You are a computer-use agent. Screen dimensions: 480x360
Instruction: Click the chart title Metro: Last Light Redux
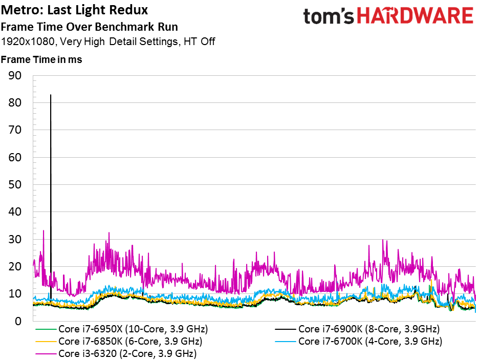coord(74,10)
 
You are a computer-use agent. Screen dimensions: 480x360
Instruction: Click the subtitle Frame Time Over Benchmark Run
coord(90,27)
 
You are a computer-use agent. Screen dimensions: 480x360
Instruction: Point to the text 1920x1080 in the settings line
coord(28,41)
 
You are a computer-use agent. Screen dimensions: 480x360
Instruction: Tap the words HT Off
coord(200,41)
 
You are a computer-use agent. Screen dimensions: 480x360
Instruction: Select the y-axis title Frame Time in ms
coord(41,59)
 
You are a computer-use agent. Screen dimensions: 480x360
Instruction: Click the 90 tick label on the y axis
coord(15,75)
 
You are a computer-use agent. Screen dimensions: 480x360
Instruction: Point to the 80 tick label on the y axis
coord(15,102)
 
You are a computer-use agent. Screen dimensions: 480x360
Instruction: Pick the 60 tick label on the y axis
coord(15,158)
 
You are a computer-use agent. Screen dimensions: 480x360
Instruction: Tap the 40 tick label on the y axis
coord(15,211)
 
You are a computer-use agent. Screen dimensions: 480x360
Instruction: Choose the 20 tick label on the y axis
coord(15,267)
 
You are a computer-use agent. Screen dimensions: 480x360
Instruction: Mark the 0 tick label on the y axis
coord(18,322)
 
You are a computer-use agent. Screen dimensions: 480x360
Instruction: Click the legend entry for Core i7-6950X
coord(121,329)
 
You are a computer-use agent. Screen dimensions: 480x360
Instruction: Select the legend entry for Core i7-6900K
coord(357,329)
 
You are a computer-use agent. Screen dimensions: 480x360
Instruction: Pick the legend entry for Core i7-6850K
coord(119,342)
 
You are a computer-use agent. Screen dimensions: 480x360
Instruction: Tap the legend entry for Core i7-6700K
coord(359,342)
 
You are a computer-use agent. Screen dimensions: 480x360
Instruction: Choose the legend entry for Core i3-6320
coord(116,353)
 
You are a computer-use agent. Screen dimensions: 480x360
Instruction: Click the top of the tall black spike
coord(51,95)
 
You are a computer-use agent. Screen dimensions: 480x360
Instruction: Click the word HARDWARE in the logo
coord(415,16)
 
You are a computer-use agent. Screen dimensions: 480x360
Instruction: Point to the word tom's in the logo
coord(329,16)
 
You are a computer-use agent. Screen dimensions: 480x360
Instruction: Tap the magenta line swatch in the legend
coord(46,354)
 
